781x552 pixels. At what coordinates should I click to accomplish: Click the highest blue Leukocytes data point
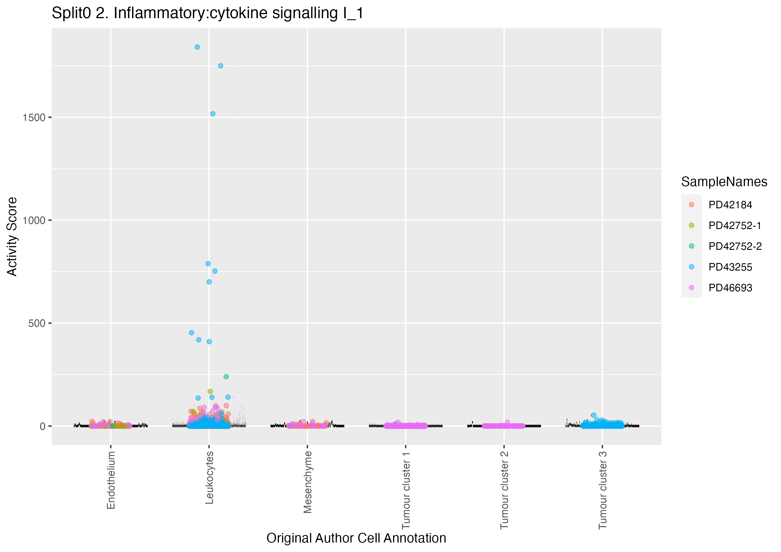tap(197, 47)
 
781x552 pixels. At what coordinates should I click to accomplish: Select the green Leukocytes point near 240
tap(226, 377)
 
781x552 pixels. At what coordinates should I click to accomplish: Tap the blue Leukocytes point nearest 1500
tap(213, 114)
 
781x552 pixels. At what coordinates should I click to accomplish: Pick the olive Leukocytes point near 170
tap(210, 392)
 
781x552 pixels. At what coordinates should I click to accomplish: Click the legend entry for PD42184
tap(730, 205)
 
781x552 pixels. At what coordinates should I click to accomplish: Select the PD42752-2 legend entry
tap(735, 246)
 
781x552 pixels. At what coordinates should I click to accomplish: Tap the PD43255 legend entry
tap(730, 267)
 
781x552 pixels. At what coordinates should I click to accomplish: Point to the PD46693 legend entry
tap(730, 288)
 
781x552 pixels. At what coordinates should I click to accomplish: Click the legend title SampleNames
tap(724, 182)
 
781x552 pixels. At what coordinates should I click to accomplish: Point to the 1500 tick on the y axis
tap(34, 118)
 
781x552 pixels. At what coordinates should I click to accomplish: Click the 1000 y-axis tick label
tap(34, 221)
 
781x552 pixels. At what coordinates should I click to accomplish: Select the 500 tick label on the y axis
tap(37, 323)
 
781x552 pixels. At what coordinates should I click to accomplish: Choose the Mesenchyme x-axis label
tap(308, 482)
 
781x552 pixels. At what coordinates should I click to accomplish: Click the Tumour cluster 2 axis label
tap(504, 490)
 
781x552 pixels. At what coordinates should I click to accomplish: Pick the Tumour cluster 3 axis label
tap(602, 490)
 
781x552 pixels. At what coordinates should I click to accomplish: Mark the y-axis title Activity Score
tap(12, 237)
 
